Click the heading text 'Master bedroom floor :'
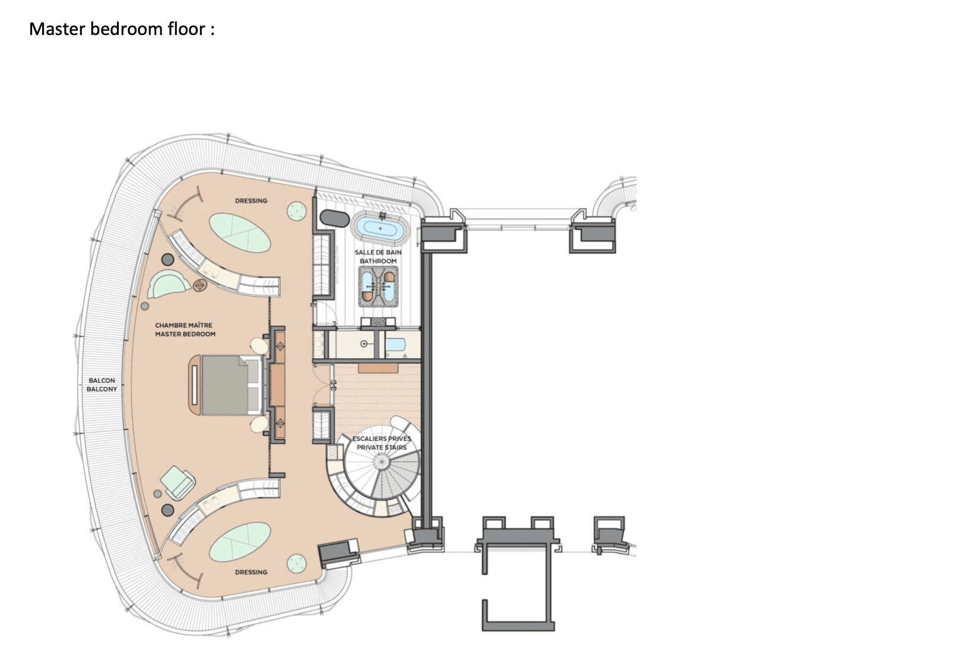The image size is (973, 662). coord(122,28)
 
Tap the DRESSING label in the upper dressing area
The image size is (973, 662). coord(251,200)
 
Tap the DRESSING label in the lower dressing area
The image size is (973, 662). coord(251,572)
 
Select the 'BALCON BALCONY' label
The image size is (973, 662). coord(102,384)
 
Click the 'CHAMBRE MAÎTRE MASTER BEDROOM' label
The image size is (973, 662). coord(185,329)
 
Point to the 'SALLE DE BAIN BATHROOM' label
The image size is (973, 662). coord(378,256)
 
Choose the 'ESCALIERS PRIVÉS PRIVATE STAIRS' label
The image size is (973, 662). coord(382,443)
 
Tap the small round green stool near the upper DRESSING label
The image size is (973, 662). coord(296,210)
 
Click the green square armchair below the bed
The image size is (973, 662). coord(179,482)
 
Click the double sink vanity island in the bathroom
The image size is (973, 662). coord(378,286)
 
